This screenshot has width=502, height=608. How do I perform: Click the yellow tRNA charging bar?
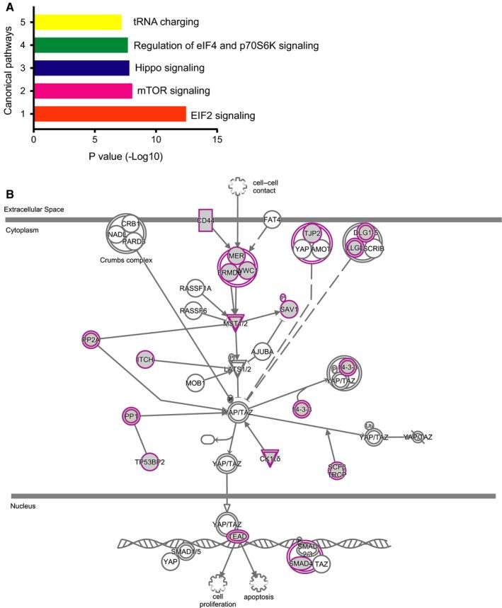pyautogui.click(x=77, y=22)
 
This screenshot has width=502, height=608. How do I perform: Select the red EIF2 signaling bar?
pyautogui.click(x=109, y=114)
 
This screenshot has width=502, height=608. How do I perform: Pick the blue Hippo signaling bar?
pyautogui.click(x=81, y=68)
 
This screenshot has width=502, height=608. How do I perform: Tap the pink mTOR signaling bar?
pyautogui.click(x=82, y=91)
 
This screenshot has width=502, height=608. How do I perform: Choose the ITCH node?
pyautogui.click(x=145, y=360)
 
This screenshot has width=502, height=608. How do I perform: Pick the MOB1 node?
pyautogui.click(x=195, y=383)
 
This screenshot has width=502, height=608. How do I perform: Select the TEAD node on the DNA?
pyautogui.click(x=236, y=537)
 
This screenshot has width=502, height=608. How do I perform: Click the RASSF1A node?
pyautogui.click(x=195, y=287)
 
